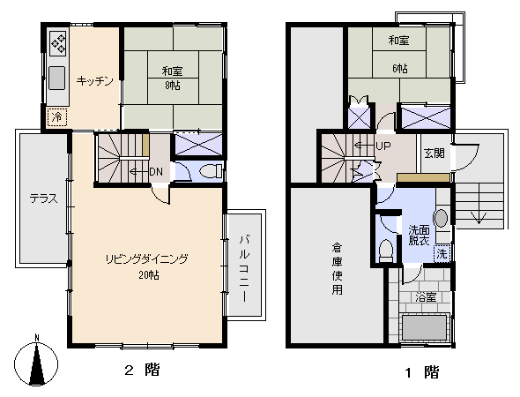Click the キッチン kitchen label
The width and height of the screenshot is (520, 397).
pos(94,81)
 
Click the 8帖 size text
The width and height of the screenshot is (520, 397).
pos(171,86)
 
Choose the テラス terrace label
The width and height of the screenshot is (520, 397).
pos(42,198)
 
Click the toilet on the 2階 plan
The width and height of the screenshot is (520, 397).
pos(212,171)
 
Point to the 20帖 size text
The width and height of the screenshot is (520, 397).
pos(148,275)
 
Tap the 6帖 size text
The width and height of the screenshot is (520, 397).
pos(400,68)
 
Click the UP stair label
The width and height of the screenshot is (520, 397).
pos(383,146)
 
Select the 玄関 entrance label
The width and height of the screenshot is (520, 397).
pos(433,152)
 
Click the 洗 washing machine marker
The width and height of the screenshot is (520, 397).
pos(442,254)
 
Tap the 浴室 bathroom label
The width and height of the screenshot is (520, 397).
pos(426,297)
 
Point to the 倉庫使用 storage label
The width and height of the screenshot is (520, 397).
pos(337,269)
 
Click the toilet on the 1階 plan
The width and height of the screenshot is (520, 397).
pos(385,251)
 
